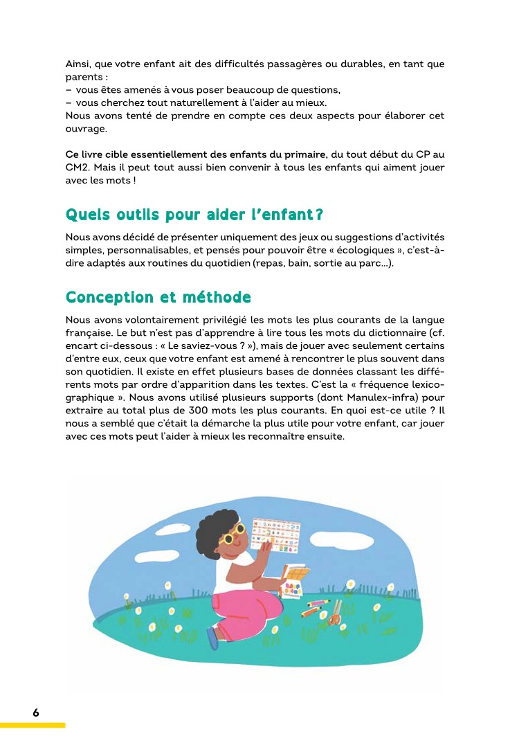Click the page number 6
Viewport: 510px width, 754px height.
click(x=35, y=712)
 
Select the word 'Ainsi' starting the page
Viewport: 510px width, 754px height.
click(x=78, y=64)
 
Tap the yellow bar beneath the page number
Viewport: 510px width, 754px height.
click(x=33, y=725)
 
